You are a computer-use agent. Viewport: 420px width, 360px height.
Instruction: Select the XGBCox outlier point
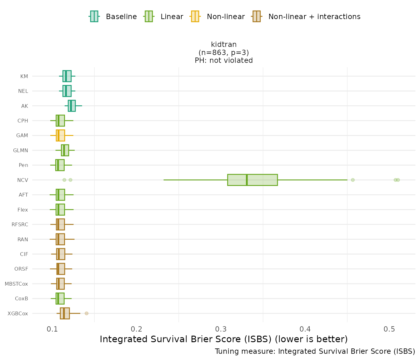pos(87,313)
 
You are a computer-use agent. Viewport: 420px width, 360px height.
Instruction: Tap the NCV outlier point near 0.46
pos(353,180)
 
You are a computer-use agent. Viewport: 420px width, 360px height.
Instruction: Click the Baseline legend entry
pos(113,17)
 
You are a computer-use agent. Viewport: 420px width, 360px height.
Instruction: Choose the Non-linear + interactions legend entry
pos(306,17)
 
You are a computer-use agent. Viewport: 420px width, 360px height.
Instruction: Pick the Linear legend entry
pos(164,17)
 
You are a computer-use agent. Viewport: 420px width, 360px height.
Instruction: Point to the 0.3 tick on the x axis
pos(221,329)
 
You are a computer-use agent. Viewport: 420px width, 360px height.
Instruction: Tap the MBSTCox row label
pos(16,284)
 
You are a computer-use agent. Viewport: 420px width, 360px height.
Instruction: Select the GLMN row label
pos(21,150)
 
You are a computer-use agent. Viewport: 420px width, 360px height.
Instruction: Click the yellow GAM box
pos(61,136)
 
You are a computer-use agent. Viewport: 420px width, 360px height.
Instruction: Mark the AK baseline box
pos(72,106)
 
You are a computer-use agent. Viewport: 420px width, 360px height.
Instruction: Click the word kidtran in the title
pos(224,44)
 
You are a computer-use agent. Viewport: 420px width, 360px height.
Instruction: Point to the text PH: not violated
pos(224,60)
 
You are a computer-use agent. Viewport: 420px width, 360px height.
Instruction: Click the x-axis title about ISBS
pos(224,339)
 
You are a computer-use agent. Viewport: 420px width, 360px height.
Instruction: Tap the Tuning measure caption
pos(315,351)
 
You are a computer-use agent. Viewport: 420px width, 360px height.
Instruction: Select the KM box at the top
pos(67,76)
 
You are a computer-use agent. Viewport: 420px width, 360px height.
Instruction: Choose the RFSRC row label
pos(20,224)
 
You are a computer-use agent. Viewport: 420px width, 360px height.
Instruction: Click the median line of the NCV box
pos(247,180)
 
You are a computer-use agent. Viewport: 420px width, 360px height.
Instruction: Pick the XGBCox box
pos(65,313)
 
